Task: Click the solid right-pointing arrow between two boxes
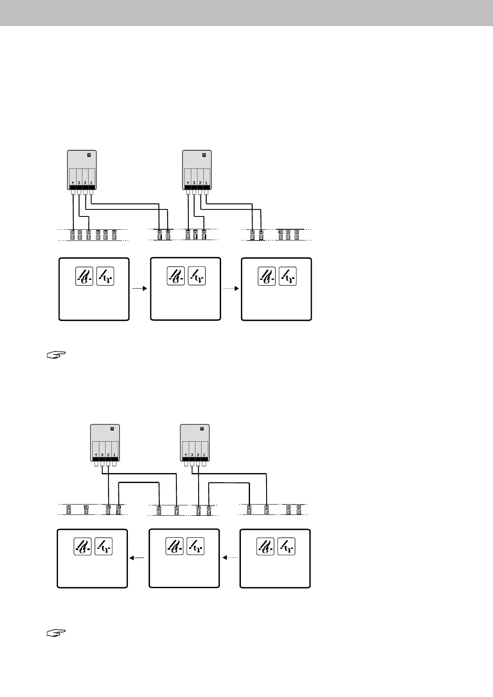coord(139,288)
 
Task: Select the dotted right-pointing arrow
coord(231,288)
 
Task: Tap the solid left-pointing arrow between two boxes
coord(137,558)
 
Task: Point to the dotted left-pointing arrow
coord(231,558)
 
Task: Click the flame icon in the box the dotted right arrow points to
coord(266,276)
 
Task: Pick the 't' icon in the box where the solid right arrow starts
coord(105,276)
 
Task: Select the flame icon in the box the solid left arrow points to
coord(82,546)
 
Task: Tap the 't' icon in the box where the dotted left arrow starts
coord(286,546)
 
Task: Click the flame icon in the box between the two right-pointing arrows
coord(176,276)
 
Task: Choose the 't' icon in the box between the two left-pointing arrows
coord(195,546)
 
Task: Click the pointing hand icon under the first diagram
coord(56,355)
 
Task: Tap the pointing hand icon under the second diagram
coord(56,633)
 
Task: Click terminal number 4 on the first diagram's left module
coord(72,183)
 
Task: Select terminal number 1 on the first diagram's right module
coord(206,183)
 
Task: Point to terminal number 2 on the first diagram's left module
coord(85,183)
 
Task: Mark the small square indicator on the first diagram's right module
coord(204,155)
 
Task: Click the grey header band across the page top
coord(246,13)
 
